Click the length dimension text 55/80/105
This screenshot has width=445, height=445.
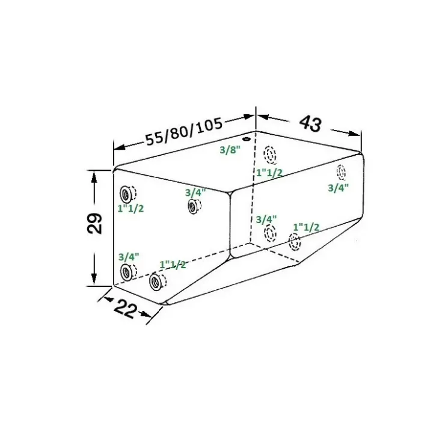click(x=183, y=132)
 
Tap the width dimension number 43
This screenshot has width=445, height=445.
click(x=311, y=123)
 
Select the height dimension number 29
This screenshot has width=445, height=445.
click(x=94, y=223)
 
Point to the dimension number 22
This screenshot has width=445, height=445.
click(x=125, y=309)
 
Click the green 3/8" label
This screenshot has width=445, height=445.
click(x=230, y=150)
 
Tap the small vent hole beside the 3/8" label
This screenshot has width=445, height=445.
click(x=246, y=139)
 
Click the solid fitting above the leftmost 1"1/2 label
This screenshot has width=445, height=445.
click(x=125, y=194)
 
